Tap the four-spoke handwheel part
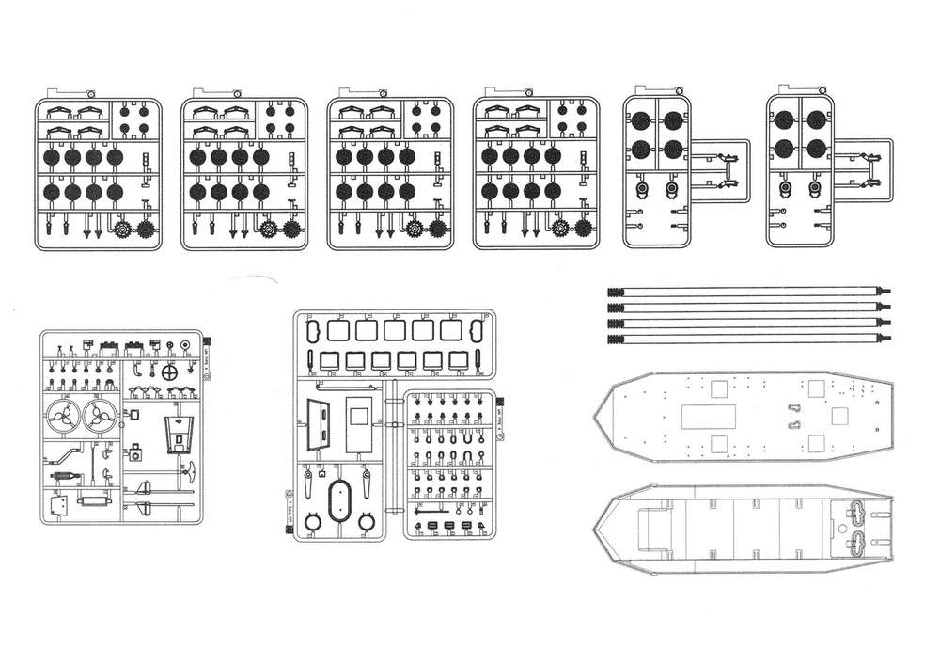(x=170, y=372)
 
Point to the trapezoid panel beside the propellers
(x=179, y=434)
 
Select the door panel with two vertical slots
(x=320, y=424)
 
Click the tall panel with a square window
(x=359, y=422)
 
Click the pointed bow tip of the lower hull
(x=596, y=531)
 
